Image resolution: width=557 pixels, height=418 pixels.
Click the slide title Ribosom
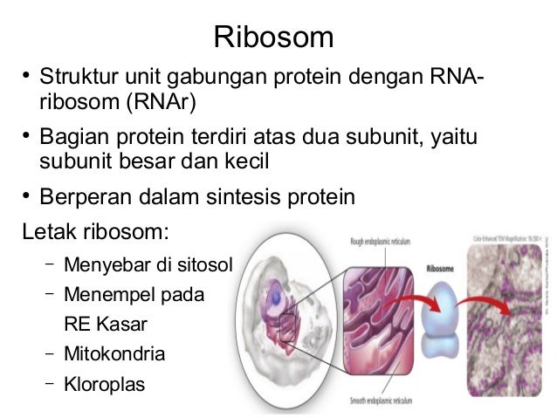click(274, 38)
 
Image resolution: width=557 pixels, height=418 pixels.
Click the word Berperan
click(83, 196)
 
